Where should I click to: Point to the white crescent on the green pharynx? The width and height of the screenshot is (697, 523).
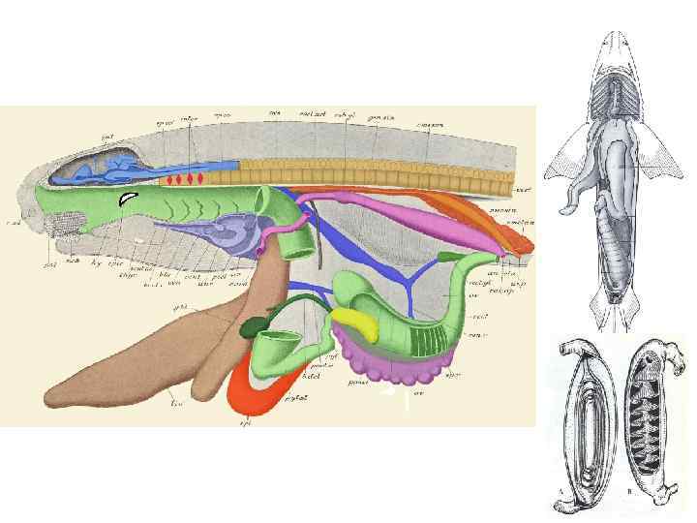[x=127, y=199]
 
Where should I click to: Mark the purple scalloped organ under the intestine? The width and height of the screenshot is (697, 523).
[x=387, y=363]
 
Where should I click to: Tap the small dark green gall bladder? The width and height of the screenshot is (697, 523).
[x=256, y=326]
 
